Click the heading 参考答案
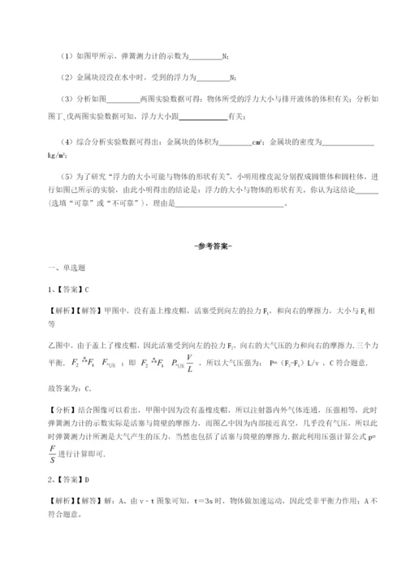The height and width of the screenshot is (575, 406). (x=202, y=247)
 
